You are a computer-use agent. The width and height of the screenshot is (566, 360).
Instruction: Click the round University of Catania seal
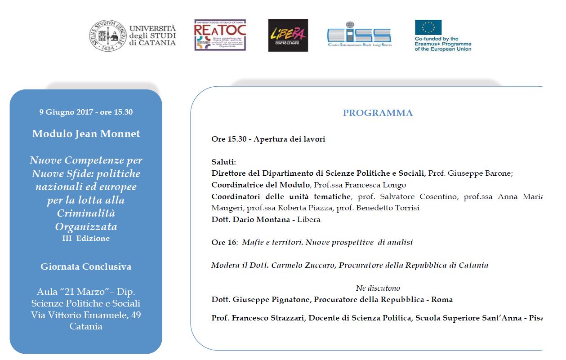(x=107, y=36)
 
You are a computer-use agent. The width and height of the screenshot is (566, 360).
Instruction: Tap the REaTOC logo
(x=220, y=35)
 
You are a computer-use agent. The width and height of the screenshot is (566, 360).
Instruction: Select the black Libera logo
(x=288, y=35)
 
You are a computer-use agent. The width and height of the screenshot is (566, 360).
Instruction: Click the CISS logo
(x=359, y=35)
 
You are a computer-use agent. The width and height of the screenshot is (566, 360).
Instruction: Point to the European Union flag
(x=428, y=27)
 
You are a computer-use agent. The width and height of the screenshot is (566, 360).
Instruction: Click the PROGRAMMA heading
(x=378, y=113)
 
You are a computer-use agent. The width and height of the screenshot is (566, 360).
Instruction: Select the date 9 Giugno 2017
(x=66, y=112)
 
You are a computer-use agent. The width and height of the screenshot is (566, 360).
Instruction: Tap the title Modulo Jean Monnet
(x=86, y=133)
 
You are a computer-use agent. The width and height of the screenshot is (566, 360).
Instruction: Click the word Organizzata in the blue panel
(x=86, y=226)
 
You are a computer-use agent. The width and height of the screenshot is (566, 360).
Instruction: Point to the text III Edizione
(x=86, y=238)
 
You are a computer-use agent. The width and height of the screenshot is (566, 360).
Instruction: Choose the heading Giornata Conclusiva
(x=86, y=267)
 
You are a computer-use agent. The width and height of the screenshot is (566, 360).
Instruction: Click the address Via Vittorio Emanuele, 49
(x=86, y=315)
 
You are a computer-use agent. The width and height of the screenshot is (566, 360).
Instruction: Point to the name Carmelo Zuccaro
(x=303, y=265)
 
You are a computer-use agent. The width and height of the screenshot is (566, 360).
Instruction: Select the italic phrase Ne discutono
(x=378, y=288)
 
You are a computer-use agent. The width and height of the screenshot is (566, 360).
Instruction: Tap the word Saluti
(x=223, y=162)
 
